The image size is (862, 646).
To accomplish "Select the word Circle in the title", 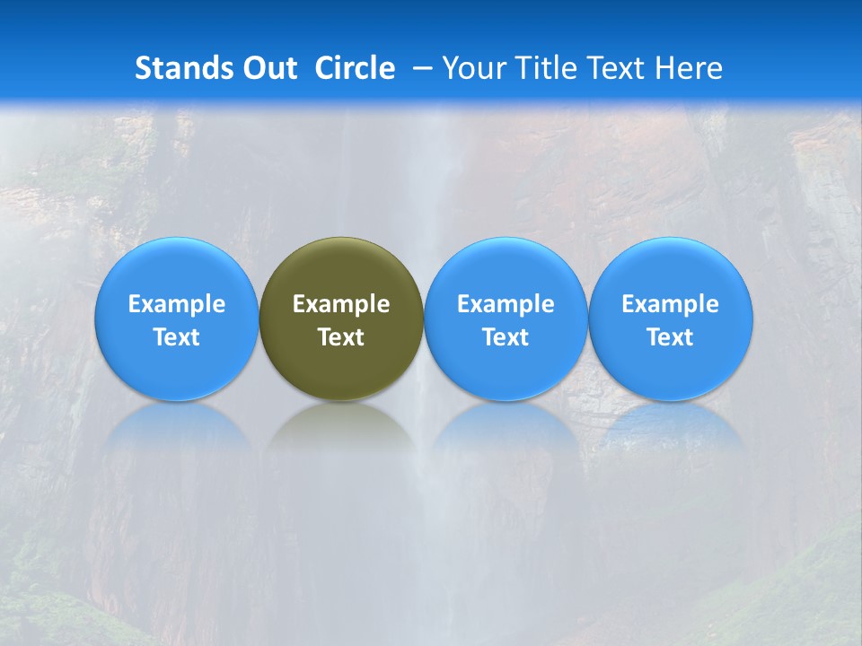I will tap(355, 68).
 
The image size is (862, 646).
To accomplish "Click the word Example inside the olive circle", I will tap(341, 304).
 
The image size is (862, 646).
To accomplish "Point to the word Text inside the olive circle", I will tap(341, 337).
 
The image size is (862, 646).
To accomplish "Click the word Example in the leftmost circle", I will tap(176, 304).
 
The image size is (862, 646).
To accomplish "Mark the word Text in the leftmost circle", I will tap(176, 337).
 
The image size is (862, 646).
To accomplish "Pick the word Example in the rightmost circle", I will tap(671, 304).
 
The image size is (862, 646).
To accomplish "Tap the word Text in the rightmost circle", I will tap(671, 337).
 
